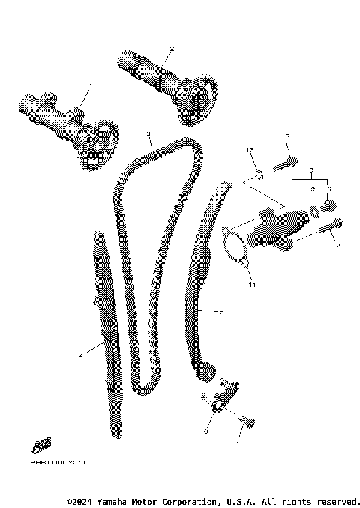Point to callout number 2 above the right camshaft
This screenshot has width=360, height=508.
[172, 50]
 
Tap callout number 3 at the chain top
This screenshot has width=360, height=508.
[148, 134]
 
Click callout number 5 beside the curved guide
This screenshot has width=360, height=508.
[221, 312]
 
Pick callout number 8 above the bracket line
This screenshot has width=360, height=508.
[310, 171]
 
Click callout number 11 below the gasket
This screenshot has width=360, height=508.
[252, 284]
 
